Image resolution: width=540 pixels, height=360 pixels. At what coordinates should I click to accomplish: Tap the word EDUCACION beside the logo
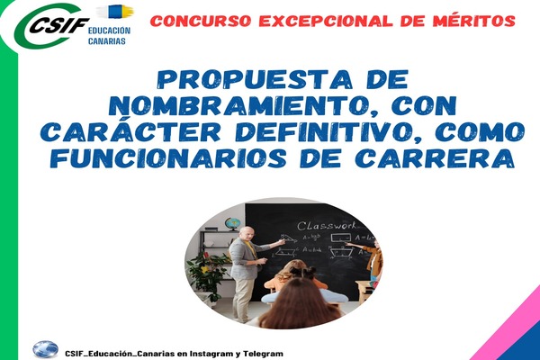(x=109, y=31)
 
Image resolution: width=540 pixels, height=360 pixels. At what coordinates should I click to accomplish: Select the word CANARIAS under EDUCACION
(x=107, y=41)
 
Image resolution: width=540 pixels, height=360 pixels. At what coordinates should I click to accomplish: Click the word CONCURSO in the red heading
(x=202, y=21)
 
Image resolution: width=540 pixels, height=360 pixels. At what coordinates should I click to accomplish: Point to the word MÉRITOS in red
(x=474, y=21)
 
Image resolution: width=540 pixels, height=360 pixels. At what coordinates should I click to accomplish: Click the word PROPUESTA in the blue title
(x=255, y=79)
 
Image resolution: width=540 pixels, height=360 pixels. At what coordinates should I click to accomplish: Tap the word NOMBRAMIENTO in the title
(x=228, y=106)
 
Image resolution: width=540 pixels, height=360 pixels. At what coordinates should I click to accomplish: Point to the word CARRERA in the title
(x=435, y=158)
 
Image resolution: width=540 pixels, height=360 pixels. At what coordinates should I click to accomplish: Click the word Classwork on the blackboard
(x=327, y=226)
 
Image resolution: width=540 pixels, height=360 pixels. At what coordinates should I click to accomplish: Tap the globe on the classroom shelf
(x=231, y=224)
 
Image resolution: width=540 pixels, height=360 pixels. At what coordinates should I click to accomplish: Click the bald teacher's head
(x=247, y=234)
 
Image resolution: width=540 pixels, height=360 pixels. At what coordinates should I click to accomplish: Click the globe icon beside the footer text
(x=46, y=349)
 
